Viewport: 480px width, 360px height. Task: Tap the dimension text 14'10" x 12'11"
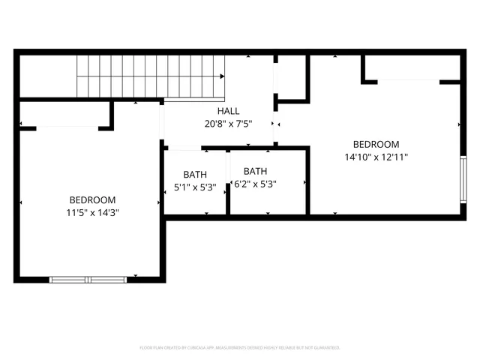tap(376, 157)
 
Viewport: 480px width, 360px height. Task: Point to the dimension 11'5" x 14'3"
tap(92, 212)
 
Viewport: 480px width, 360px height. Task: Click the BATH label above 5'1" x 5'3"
tap(194, 175)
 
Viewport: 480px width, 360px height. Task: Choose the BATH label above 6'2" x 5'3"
tap(255, 171)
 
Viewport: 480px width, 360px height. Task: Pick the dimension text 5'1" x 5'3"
tap(194, 187)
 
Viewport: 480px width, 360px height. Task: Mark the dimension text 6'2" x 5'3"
tap(255, 184)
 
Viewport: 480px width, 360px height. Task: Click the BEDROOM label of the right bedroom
tap(376, 145)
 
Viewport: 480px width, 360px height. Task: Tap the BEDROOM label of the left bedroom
tap(92, 199)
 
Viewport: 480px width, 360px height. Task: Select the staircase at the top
tap(151, 77)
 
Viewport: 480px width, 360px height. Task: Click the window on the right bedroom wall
tap(463, 180)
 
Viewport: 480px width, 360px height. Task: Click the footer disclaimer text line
tap(240, 348)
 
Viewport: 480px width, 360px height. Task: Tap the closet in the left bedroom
tap(65, 115)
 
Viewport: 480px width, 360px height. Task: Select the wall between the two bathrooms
tap(229, 182)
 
